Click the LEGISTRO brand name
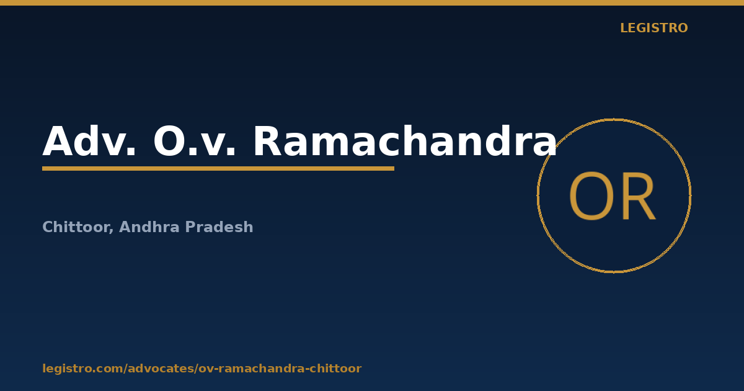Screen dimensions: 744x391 [653, 28]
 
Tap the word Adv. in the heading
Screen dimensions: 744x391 [89, 141]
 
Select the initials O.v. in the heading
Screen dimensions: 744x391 [194, 141]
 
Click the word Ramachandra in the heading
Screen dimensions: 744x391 [405, 141]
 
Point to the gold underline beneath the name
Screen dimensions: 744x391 [218, 169]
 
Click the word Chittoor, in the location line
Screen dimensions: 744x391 [77, 227]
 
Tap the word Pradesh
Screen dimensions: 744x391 [219, 227]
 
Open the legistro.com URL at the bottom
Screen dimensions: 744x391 [202, 369]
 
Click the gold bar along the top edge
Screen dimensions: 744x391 [372, 2]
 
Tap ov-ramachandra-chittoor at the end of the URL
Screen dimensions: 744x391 [280, 369]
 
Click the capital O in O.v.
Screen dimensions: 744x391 [169, 141]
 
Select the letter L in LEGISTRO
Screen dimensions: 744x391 [624, 28]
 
